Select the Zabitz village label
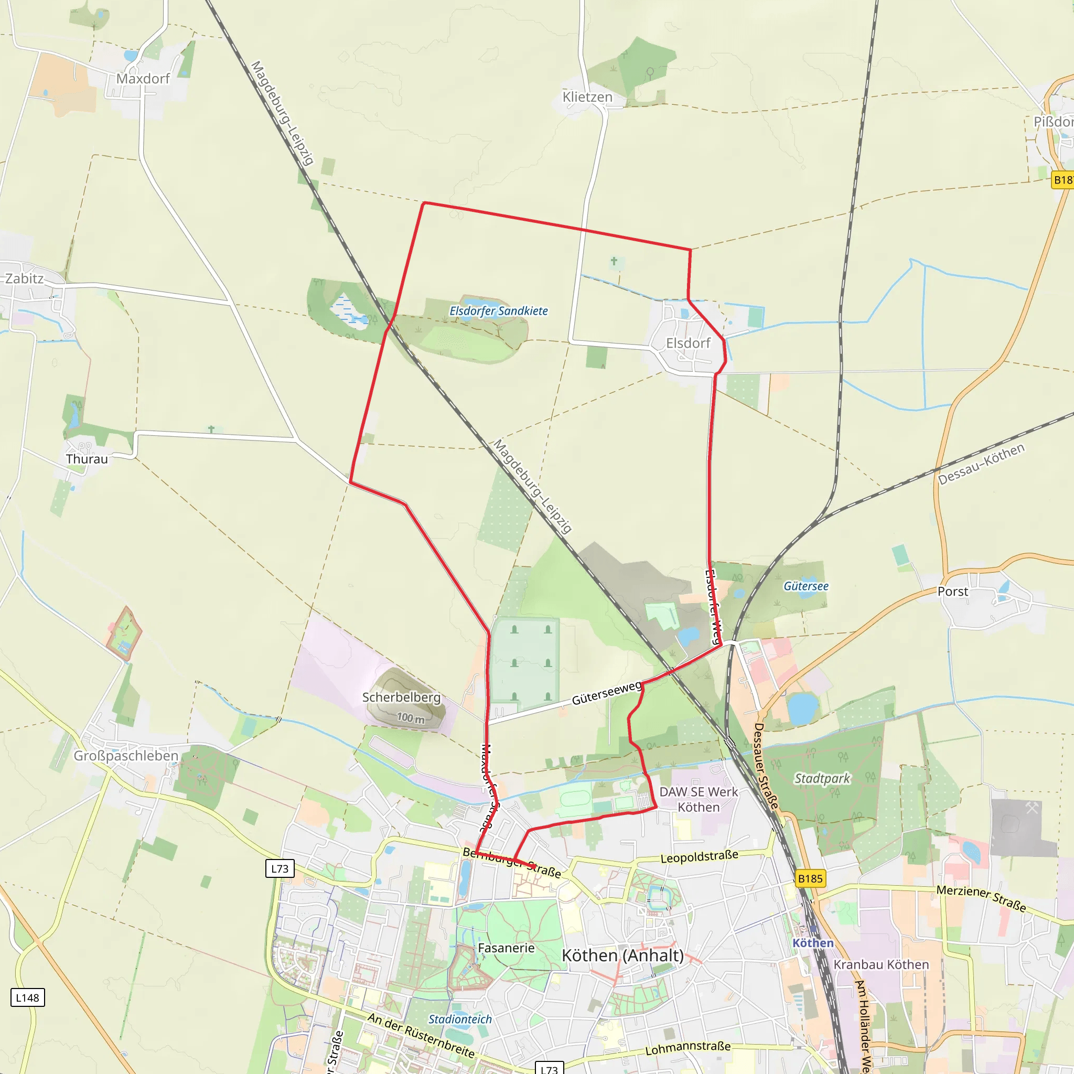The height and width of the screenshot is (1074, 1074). tap(25, 278)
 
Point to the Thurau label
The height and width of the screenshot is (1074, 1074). tap(87, 459)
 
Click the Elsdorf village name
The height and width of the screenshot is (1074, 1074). tap(688, 343)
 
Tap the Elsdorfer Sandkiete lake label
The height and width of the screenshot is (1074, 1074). tap(499, 312)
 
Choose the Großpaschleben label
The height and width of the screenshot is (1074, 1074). tap(126, 756)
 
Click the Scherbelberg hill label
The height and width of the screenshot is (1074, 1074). tap(401, 697)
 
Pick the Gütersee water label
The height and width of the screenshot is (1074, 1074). tap(806, 586)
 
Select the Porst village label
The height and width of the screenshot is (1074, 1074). tap(953, 592)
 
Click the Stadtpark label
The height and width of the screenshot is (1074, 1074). tap(822, 779)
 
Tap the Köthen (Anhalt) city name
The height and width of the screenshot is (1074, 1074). tap(622, 956)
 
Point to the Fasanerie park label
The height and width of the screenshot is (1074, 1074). tap(506, 948)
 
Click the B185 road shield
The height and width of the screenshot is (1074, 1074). tap(810, 879)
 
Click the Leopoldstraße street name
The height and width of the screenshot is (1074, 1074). tap(700, 857)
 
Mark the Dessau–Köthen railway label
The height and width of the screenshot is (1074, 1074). tap(981, 465)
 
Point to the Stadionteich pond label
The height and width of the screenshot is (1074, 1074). tap(460, 1019)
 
